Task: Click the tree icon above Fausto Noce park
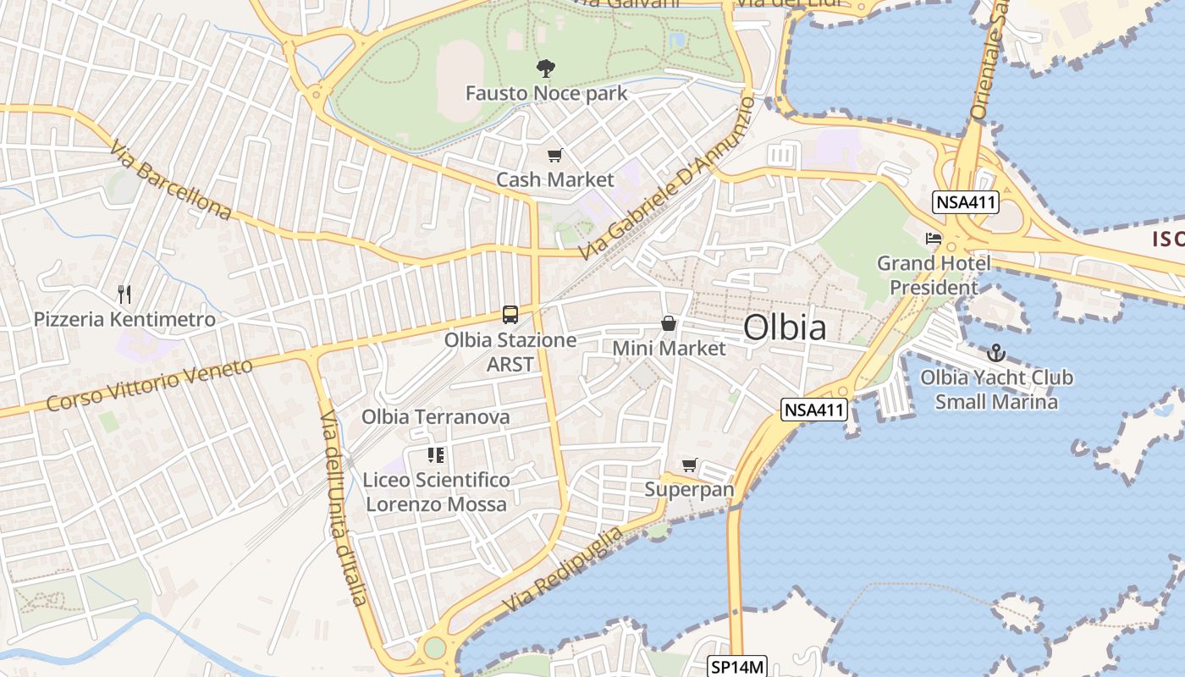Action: point(546,69)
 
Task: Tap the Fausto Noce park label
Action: point(546,93)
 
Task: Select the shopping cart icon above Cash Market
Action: point(554,156)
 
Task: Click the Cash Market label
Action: point(554,179)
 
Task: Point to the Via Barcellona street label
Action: point(170,179)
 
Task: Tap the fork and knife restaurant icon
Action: point(124,294)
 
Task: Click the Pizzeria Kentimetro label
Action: point(124,320)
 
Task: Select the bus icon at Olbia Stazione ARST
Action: point(510,315)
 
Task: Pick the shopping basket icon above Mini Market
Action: point(669,323)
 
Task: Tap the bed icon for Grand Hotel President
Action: point(934,239)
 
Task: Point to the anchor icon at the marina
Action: point(996,353)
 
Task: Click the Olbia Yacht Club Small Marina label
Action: point(996,389)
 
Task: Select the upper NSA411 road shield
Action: point(966,202)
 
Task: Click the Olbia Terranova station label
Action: point(435,416)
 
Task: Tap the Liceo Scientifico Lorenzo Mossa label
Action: point(436,492)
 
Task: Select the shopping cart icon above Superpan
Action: point(689,465)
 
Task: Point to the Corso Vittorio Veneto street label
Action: point(150,385)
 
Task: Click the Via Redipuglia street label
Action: point(563,570)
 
